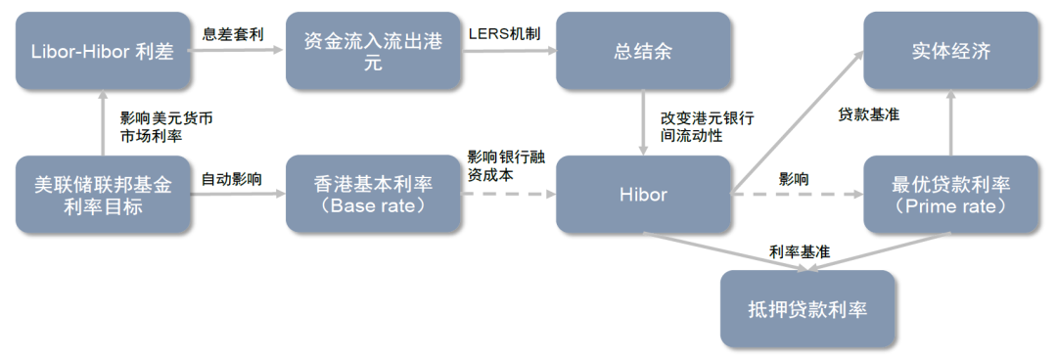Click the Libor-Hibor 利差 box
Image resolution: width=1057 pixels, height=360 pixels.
pyautogui.click(x=103, y=52)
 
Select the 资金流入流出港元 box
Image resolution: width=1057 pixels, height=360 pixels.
pyautogui.click(x=373, y=52)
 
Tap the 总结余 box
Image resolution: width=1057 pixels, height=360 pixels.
pyautogui.click(x=643, y=52)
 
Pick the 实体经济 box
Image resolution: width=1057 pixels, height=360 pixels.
pyautogui.click(x=950, y=52)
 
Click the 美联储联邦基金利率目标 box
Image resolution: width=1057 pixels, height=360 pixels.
pyautogui.click(x=103, y=194)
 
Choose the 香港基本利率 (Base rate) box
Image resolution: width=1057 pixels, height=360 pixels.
pyautogui.click(x=373, y=194)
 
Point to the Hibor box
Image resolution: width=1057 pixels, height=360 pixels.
pyautogui.click(x=643, y=194)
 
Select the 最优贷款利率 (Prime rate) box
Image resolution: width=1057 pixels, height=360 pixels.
pyautogui.click(x=950, y=194)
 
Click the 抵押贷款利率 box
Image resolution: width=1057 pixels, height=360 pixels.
pyautogui.click(x=807, y=310)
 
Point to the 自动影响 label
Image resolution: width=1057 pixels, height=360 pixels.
pyautogui.click(x=231, y=179)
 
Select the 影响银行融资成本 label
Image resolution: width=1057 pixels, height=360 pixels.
pyautogui.click(x=501, y=165)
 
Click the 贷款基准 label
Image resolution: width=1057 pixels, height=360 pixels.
pyautogui.click(x=868, y=114)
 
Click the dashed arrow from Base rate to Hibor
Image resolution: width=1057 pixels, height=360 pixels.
pyautogui.click(x=506, y=195)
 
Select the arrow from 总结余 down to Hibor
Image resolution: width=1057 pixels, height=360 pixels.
pyautogui.click(x=643, y=122)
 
